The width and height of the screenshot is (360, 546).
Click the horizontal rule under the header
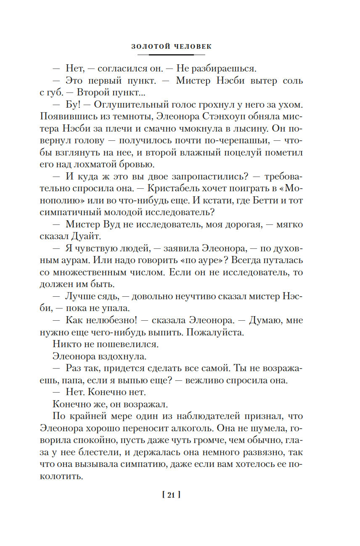click(x=171, y=55)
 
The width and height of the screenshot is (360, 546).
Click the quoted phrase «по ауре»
click(x=198, y=260)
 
